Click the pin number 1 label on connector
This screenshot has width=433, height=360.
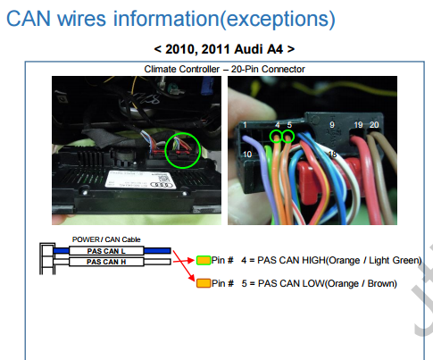point(245,125)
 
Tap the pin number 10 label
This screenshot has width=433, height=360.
point(247,155)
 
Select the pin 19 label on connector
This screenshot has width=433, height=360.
point(358,125)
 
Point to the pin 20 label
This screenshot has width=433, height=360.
point(374,125)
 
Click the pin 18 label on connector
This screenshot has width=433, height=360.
point(332,155)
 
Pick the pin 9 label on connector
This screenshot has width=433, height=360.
point(332,125)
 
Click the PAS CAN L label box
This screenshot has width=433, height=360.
point(106,251)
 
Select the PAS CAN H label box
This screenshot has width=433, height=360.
point(106,262)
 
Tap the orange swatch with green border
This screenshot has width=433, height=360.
point(204,260)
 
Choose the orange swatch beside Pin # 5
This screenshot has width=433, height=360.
point(204,283)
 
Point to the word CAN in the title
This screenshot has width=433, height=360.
point(29,19)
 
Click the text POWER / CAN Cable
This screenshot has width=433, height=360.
point(106,239)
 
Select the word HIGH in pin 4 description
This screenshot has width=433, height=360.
point(314,260)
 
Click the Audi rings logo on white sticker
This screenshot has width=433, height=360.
point(162,185)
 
